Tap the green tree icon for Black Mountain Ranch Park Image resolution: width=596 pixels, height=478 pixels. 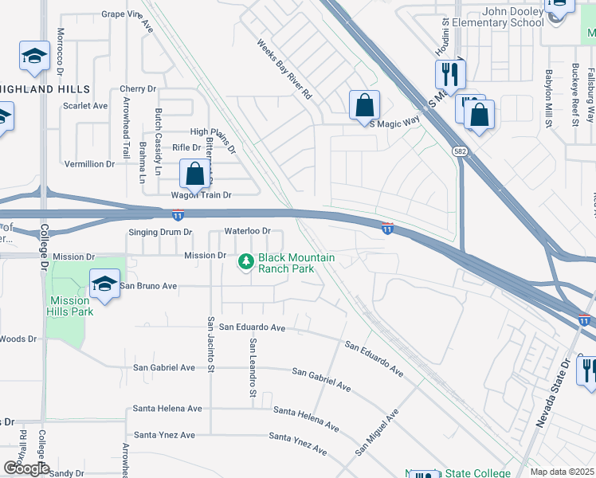point(247,261)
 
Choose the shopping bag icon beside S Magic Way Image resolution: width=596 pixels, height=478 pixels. point(364,105)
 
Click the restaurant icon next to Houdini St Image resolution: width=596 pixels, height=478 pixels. point(450,75)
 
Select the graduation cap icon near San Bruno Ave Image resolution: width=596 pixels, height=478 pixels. point(104,284)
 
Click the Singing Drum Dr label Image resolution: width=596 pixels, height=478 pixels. point(160,233)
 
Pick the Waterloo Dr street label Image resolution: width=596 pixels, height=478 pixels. point(248,231)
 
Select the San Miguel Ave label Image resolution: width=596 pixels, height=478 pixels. point(377,433)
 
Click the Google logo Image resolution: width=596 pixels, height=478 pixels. point(26,468)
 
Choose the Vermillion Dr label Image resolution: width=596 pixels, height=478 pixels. point(89,164)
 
